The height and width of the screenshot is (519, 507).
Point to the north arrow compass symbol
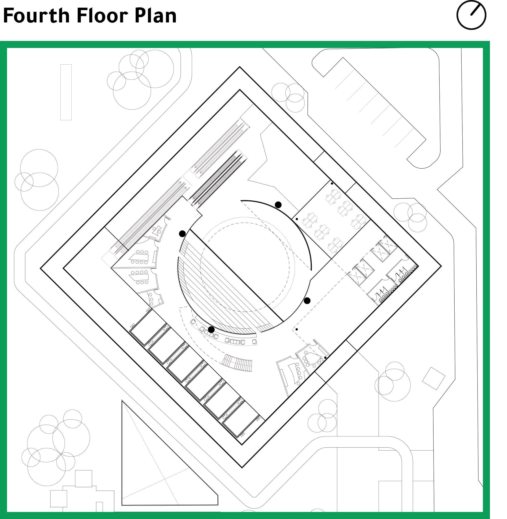click(x=471, y=15)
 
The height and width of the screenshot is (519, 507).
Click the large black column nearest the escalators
click(x=182, y=234)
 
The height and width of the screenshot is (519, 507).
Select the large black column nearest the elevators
click(x=307, y=301)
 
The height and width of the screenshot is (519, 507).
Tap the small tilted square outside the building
click(x=434, y=378)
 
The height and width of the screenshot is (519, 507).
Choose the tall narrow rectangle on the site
click(x=66, y=92)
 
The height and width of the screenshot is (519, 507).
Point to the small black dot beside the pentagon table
click(x=325, y=357)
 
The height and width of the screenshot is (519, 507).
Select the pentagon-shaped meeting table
click(x=310, y=357)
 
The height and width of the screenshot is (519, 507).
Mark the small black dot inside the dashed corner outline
click(x=297, y=329)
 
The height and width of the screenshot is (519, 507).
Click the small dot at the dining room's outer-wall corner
click(x=332, y=183)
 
